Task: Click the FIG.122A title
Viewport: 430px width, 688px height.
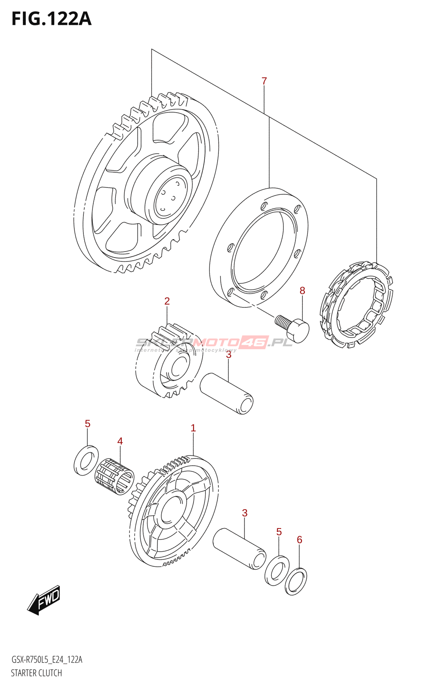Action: [x=51, y=19]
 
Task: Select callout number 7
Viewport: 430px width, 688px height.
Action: [x=264, y=81]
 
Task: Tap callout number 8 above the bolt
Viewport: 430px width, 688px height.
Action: [x=302, y=291]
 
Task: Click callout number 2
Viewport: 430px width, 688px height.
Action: [x=167, y=301]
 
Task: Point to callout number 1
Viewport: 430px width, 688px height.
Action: [x=193, y=428]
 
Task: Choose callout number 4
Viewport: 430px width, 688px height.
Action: [x=120, y=441]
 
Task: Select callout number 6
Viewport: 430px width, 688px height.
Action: [x=299, y=539]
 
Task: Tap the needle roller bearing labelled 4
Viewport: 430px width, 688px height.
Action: [x=114, y=476]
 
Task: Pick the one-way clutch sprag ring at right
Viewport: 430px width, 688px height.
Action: [x=357, y=305]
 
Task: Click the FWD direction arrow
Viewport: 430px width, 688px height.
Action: [x=44, y=599]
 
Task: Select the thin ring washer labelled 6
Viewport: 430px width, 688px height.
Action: [x=295, y=581]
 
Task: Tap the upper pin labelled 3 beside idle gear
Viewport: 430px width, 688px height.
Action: [x=227, y=393]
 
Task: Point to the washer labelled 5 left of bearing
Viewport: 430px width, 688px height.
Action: [x=86, y=458]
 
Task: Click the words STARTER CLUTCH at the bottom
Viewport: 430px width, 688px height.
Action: [x=37, y=673]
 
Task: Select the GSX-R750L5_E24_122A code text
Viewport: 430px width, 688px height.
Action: [x=46, y=660]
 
